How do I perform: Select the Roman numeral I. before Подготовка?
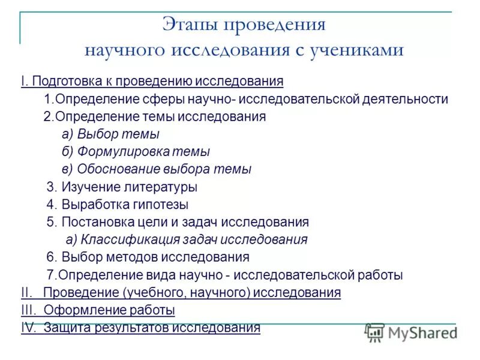(x=24, y=81)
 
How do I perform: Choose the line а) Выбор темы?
(x=110, y=134)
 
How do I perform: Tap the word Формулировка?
(x=121, y=152)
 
